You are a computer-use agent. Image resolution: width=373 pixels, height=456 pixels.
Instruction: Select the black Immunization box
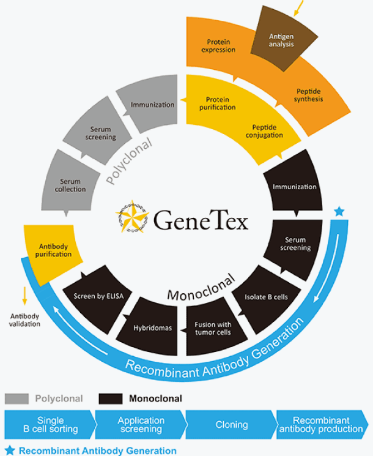[x=294, y=186]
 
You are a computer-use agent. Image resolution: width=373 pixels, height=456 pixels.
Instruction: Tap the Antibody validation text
[x=24, y=320]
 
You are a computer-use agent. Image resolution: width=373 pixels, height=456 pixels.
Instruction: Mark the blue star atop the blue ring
[x=339, y=212]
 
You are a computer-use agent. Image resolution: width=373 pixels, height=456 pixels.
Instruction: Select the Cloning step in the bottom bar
[x=232, y=424]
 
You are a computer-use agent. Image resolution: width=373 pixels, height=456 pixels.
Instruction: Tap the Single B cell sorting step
[x=50, y=424]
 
